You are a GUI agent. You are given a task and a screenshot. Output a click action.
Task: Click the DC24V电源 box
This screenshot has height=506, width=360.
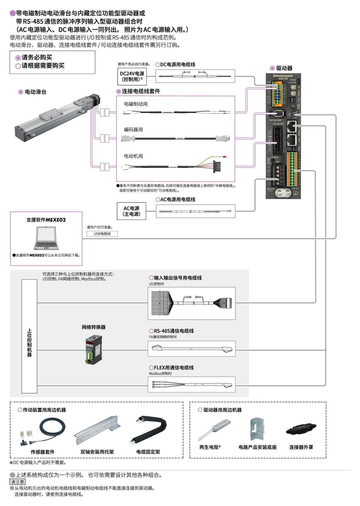pyautogui.click(x=132, y=77)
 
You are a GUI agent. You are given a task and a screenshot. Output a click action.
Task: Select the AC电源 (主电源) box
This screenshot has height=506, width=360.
pyautogui.click(x=131, y=211)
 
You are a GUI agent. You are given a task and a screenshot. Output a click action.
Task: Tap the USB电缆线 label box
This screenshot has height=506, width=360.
pyautogui.click(x=102, y=234)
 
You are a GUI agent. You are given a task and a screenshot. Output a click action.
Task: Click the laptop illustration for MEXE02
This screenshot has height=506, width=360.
pyautogui.click(x=46, y=238)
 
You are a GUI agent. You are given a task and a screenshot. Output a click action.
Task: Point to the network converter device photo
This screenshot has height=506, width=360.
pyautogui.click(x=93, y=349)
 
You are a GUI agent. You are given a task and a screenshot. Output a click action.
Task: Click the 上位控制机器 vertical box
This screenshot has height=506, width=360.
pyautogui.click(x=30, y=336)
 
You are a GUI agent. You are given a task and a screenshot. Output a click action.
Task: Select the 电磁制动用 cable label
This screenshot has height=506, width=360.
pyautogui.click(x=136, y=104)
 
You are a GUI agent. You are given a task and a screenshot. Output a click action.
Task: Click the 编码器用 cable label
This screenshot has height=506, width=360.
pyautogui.click(x=133, y=130)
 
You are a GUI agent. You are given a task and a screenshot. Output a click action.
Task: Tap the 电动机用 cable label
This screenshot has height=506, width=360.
pyautogui.click(x=133, y=156)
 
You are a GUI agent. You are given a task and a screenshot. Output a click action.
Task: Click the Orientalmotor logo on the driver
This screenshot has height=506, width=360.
pyautogui.click(x=283, y=76)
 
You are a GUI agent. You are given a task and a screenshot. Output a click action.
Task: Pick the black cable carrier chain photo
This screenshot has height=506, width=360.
pyautogui.click(x=149, y=430)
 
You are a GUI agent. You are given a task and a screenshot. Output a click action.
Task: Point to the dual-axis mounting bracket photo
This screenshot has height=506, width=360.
pyautogui.click(x=97, y=430)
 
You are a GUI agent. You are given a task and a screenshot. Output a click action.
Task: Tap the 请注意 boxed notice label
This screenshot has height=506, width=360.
pyautogui.click(x=17, y=482)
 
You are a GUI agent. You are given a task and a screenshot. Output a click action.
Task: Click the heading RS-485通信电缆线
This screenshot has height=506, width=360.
pyautogui.click(x=174, y=331)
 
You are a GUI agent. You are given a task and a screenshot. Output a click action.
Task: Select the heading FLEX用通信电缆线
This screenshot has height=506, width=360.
pyautogui.click(x=174, y=368)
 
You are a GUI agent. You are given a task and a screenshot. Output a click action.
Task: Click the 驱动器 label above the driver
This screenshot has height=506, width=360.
pyautogui.click(x=284, y=68)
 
